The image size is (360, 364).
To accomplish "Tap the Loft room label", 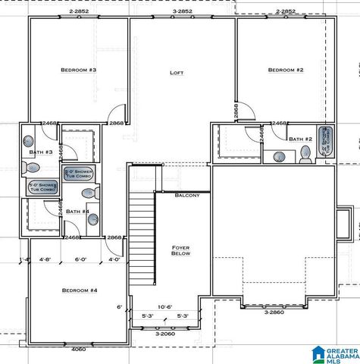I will point(177,73).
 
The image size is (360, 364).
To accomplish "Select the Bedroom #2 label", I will point(286,70).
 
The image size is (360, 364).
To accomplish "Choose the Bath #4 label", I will point(77,211).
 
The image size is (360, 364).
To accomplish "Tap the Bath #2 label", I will point(300,139).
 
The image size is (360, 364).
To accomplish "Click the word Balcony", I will point(187,196).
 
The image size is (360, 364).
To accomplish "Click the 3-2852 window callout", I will point(182,11).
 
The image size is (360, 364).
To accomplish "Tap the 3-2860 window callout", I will point(274,312).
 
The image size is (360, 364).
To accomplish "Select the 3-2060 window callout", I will point(165,334).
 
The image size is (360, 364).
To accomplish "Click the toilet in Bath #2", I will point(305,155).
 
